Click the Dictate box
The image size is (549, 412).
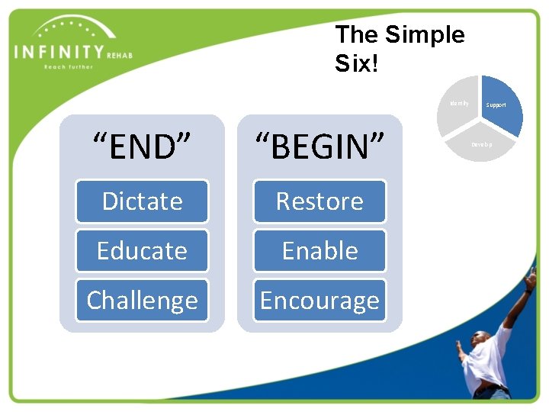(x=142, y=201)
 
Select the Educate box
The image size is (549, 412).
(x=142, y=251)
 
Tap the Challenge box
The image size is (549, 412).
(x=142, y=301)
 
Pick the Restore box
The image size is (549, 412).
(x=319, y=201)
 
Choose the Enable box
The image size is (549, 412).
(x=319, y=251)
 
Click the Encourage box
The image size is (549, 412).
(x=319, y=301)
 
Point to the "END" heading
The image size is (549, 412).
(x=142, y=146)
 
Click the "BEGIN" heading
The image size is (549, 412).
(x=319, y=146)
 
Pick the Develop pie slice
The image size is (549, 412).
(x=480, y=143)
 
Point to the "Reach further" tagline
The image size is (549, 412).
(x=68, y=67)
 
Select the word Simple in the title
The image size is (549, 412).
(x=425, y=34)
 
